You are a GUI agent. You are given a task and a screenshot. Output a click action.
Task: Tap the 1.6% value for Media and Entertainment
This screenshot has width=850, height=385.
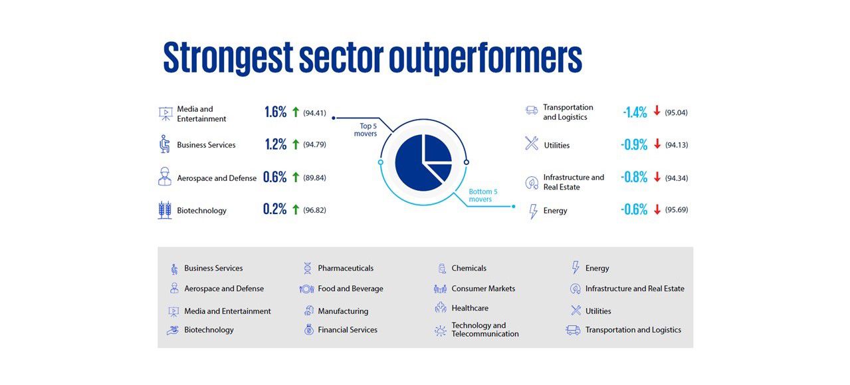(x=275, y=112)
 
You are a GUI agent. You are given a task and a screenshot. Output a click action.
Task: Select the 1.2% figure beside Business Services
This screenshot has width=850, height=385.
(x=275, y=145)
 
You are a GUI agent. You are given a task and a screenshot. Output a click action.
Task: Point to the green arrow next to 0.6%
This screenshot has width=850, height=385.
(x=296, y=177)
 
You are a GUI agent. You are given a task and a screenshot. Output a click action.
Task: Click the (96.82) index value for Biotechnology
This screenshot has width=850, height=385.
(x=314, y=210)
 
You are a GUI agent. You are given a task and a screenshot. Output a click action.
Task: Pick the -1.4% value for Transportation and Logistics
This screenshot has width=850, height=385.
(x=635, y=112)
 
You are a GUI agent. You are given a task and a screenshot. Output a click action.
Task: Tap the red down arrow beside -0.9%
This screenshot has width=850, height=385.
(x=657, y=144)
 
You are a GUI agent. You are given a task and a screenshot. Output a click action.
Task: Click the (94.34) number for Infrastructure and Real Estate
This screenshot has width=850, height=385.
(x=676, y=178)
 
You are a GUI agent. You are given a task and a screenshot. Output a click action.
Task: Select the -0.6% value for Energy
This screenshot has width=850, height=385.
(x=634, y=210)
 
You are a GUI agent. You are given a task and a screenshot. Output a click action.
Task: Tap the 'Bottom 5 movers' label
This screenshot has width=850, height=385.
(x=483, y=195)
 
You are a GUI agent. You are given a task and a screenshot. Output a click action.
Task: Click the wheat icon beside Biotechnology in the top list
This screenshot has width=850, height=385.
(x=165, y=210)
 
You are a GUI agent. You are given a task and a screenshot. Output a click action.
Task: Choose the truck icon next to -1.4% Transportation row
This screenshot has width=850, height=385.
(x=532, y=110)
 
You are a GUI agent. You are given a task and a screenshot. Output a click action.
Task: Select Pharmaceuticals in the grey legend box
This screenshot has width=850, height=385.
(x=346, y=269)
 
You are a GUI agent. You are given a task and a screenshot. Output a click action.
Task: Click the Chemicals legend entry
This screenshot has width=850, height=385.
(x=469, y=269)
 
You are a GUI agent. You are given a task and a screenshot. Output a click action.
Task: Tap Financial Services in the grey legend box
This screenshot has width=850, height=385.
(x=347, y=330)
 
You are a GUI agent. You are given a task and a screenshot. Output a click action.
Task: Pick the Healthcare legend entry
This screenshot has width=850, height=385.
(x=470, y=309)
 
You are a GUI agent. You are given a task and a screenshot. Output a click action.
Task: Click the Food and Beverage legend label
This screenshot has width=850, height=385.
(x=350, y=289)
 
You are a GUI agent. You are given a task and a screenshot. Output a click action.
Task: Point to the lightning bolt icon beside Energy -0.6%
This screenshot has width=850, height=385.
(x=532, y=211)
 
